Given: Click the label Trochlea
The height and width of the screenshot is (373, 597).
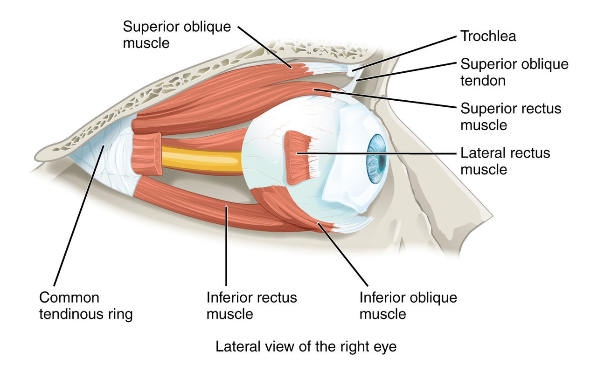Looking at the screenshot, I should pyautogui.click(x=488, y=36).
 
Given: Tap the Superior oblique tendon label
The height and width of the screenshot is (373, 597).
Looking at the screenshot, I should pyautogui.click(x=514, y=72).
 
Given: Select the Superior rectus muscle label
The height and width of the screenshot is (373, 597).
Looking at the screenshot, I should pyautogui.click(x=511, y=117).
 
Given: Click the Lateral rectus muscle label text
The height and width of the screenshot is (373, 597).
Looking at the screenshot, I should pyautogui.click(x=505, y=161).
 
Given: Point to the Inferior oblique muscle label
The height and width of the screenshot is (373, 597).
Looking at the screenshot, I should pyautogui.click(x=408, y=305).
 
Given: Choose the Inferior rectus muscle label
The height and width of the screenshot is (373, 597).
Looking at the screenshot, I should pyautogui.click(x=252, y=305).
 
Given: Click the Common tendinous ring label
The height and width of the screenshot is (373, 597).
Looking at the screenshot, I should pyautogui.click(x=86, y=305).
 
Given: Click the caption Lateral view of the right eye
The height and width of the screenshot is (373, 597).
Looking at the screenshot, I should pyautogui.click(x=305, y=347).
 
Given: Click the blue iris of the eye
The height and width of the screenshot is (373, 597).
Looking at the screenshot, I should pyautogui.click(x=375, y=154).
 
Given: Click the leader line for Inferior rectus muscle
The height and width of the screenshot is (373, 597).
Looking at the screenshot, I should pyautogui.click(x=226, y=247).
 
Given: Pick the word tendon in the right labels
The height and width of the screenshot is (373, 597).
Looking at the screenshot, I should pyautogui.click(x=483, y=81).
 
